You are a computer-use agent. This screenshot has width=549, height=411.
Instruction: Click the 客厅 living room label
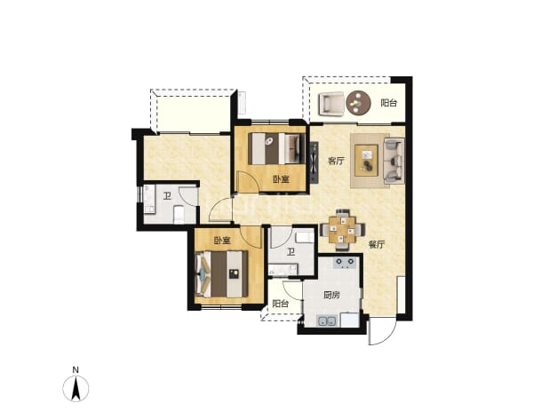click(336, 162)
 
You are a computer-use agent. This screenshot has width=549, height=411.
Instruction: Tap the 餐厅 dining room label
click(377, 245)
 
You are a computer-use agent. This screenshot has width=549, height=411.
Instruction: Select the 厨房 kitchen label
click(331, 296)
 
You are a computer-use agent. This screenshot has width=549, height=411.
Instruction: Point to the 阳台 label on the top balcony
click(389, 103)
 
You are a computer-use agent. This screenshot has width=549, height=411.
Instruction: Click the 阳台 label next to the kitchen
click(281, 304)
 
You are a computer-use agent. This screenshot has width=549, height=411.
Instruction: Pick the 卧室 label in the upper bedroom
click(281, 180)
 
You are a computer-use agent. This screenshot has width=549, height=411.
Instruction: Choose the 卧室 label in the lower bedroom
click(222, 241)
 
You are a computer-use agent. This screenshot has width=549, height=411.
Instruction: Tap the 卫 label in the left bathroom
click(167, 196)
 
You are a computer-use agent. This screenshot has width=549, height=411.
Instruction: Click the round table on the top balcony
click(358, 102)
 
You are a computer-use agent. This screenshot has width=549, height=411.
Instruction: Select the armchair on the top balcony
click(330, 104)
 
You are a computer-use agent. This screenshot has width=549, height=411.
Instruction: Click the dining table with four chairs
click(342, 229)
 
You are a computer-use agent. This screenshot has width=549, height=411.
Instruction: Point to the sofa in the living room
click(394, 161)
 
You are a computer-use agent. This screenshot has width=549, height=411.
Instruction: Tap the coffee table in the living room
click(366, 160)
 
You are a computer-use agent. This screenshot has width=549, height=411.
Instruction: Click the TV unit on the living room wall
click(314, 162)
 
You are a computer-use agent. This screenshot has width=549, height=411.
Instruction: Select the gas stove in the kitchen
click(345, 262)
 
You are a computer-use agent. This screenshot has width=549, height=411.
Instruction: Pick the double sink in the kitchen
click(327, 320)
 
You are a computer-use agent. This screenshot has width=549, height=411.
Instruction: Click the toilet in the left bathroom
click(179, 214)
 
